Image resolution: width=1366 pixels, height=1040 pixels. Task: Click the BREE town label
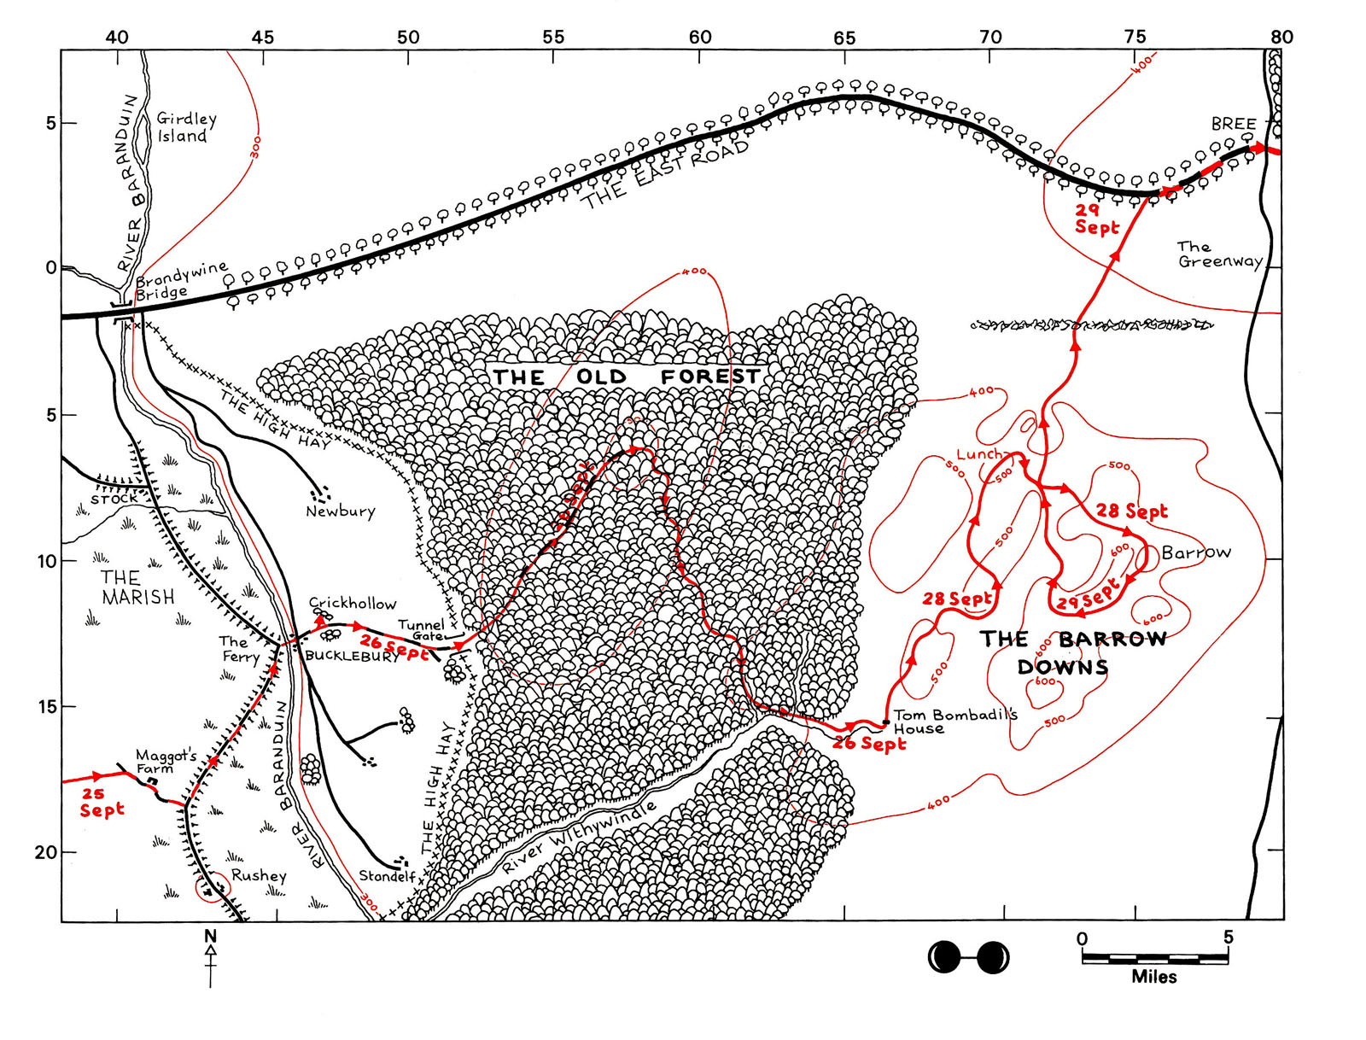click(x=1234, y=124)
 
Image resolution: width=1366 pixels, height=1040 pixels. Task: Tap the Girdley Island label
click(x=185, y=127)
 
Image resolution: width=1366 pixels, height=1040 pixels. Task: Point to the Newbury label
click(x=340, y=511)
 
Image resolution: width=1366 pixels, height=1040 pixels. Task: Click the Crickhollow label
click(x=353, y=603)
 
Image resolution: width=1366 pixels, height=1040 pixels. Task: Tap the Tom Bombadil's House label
click(x=954, y=722)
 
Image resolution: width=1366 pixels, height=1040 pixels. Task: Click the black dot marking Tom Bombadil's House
click(x=886, y=723)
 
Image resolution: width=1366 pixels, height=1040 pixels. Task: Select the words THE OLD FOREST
click(x=626, y=377)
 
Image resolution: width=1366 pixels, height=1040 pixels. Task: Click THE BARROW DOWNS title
click(x=1071, y=652)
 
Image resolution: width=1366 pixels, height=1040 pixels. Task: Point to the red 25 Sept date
click(x=102, y=802)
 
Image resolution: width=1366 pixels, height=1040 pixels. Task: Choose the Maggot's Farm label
click(x=166, y=762)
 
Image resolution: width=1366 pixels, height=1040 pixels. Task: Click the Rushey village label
click(x=259, y=875)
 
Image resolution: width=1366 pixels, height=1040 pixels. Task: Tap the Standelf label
click(x=387, y=876)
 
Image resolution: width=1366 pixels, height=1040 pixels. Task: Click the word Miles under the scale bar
click(x=1153, y=977)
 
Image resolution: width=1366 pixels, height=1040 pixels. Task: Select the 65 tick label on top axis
click(x=844, y=38)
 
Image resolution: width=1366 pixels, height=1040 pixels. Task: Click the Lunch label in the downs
click(x=978, y=454)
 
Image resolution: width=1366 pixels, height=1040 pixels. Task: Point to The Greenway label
click(x=1219, y=254)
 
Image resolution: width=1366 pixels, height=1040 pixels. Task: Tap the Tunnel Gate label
click(x=421, y=630)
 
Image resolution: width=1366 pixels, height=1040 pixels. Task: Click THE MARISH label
click(x=137, y=587)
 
